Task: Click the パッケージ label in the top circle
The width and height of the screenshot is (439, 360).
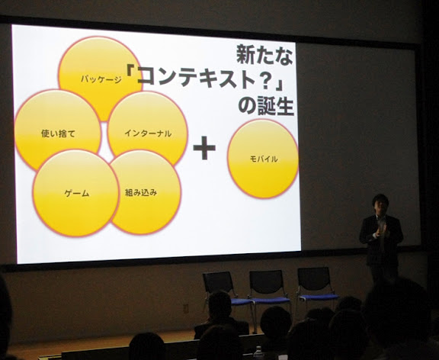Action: (101, 79)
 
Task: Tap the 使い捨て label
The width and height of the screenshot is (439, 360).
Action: (58, 133)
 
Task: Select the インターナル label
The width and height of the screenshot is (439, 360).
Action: (148, 133)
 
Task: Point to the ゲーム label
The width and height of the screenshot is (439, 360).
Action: (77, 193)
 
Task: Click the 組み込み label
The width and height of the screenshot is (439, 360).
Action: (141, 192)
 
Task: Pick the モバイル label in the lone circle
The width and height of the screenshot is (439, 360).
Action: (264, 159)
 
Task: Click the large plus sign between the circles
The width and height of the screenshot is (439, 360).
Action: (204, 148)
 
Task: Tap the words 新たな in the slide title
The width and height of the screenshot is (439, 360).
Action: (264, 55)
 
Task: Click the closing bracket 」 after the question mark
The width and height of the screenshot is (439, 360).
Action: (279, 83)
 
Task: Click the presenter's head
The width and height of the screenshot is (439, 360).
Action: (380, 204)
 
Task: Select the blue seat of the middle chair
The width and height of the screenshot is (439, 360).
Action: (270, 301)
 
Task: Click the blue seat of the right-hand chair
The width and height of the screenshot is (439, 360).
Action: (319, 297)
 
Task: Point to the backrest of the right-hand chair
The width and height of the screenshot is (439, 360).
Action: (314, 278)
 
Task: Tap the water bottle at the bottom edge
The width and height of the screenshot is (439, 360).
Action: (258, 353)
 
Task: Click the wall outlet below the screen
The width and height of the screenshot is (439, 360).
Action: (186, 308)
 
